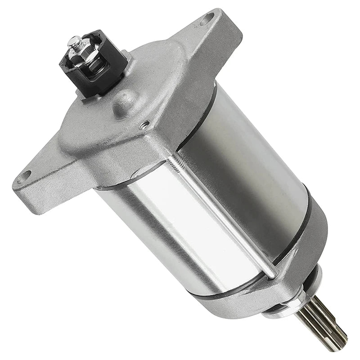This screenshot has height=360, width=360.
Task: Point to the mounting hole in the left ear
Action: pos(26,175)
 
